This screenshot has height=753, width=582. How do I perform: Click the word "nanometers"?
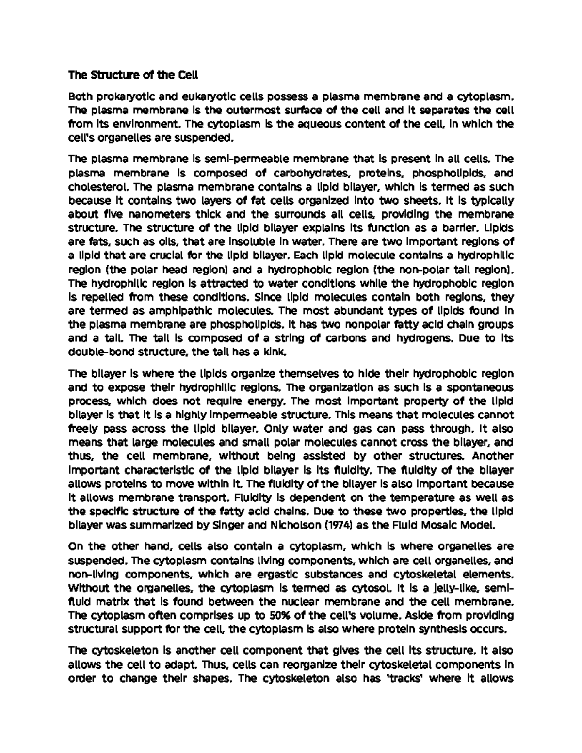[151, 214]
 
